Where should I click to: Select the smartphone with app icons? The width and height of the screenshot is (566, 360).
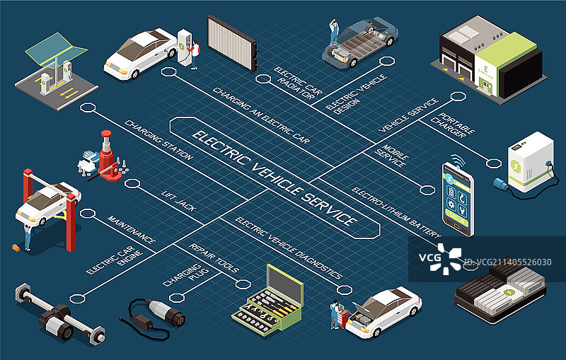[x=457, y=199]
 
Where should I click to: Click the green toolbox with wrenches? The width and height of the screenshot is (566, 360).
[x=268, y=301]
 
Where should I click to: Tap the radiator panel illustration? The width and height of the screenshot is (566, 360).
[x=230, y=42]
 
